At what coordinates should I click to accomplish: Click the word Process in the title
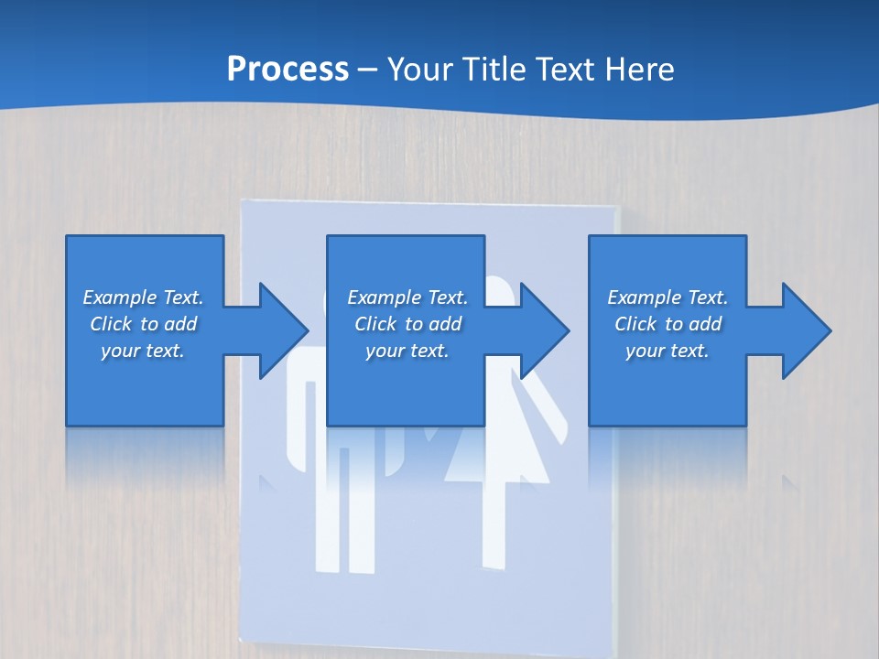288,69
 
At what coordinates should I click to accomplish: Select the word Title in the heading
494,69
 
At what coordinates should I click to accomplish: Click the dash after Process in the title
368,70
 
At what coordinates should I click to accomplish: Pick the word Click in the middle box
375,324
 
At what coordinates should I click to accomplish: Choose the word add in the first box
180,324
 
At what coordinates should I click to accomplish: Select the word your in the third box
645,351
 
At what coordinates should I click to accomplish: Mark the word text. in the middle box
429,351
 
